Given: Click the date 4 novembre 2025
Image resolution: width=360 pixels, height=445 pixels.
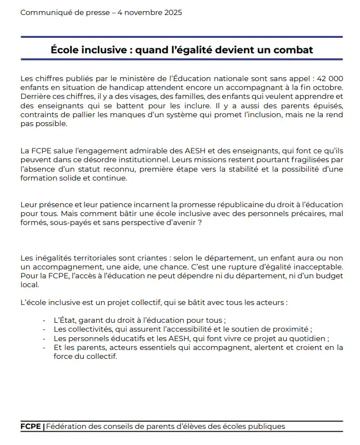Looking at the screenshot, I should (150, 12).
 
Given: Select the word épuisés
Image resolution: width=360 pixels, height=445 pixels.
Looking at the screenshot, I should (325, 106).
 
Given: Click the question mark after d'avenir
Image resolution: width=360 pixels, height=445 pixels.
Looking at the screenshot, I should (199, 223).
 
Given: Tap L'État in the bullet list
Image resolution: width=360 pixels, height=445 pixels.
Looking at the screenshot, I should (64, 321).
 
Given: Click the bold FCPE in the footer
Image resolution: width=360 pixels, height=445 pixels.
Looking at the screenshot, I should (30, 427).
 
